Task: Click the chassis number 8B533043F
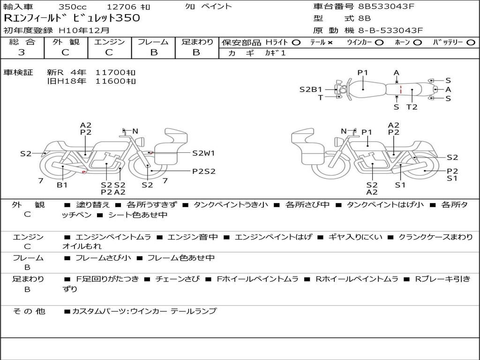pyautogui.click(x=386, y=6)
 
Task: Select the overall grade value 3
pyautogui.click(x=22, y=52)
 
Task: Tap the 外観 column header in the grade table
pyautogui.click(x=66, y=42)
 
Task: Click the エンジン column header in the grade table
pyautogui.click(x=109, y=42)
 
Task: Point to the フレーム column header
pyautogui.click(x=153, y=42)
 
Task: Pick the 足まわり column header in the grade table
pyautogui.click(x=197, y=42)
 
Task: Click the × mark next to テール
pyautogui.click(x=330, y=43)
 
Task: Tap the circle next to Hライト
pyautogui.click(x=296, y=43)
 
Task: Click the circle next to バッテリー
pyautogui.click(x=471, y=43)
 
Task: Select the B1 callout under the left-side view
pyautogui.click(x=62, y=185)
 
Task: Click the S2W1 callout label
pyautogui.click(x=203, y=153)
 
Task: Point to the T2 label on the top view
pyautogui.click(x=412, y=107)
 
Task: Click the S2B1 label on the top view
pyautogui.click(x=311, y=90)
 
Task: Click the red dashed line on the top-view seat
pyautogui.click(x=401, y=90)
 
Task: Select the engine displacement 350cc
pyautogui.click(x=73, y=7)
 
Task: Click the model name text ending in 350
pyautogui.click(x=72, y=18)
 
